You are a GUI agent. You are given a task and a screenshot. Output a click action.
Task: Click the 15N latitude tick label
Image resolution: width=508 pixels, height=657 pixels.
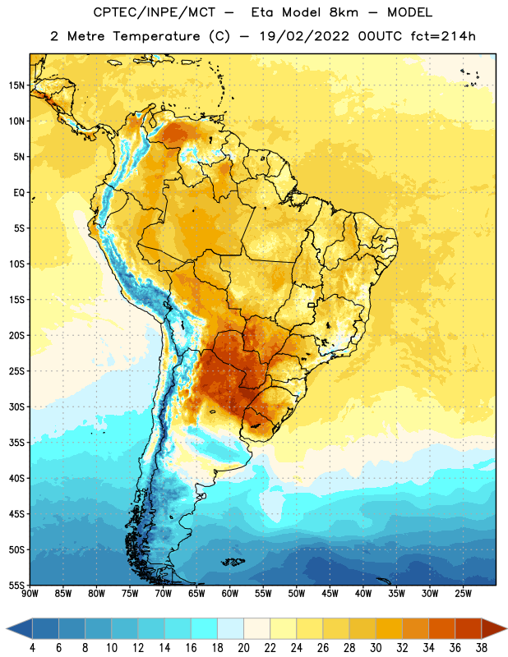click(x=16, y=85)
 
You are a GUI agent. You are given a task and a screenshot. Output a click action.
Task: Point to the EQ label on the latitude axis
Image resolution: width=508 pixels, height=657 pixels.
click(x=19, y=193)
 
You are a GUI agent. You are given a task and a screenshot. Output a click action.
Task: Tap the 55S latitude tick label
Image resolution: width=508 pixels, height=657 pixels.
click(x=16, y=585)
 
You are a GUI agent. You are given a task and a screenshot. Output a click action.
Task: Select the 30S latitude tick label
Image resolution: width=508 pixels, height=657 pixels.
click(x=16, y=407)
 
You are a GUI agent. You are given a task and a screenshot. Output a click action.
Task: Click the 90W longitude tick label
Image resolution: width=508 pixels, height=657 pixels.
click(x=30, y=594)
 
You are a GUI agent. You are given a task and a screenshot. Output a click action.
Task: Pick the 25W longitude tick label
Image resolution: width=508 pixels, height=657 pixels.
click(x=463, y=594)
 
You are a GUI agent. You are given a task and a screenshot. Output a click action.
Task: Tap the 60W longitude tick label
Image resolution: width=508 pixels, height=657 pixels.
click(x=230, y=594)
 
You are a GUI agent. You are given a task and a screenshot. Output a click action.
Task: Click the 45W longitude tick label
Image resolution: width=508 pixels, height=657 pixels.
click(x=330, y=594)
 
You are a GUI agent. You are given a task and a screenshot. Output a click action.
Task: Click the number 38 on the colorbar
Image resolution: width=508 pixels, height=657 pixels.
click(x=481, y=648)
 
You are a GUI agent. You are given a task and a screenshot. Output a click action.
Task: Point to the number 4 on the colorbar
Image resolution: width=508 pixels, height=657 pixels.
click(x=32, y=648)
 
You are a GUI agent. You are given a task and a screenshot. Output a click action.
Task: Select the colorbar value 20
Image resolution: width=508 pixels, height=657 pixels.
click(x=243, y=648)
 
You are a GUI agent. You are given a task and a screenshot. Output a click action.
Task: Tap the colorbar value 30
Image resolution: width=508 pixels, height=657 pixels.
click(x=376, y=648)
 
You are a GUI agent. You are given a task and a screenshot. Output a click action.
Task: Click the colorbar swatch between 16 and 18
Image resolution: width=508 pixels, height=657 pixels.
click(x=204, y=629)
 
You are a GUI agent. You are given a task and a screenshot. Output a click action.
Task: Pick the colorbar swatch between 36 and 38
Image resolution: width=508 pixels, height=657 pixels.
click(x=469, y=629)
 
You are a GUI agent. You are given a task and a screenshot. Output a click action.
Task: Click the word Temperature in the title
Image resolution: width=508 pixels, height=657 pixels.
click(x=156, y=36)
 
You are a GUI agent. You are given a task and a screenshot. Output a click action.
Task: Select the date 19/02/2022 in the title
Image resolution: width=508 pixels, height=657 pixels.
click(x=304, y=36)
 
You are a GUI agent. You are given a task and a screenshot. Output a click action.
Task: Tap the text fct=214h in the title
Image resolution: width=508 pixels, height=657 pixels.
click(x=443, y=36)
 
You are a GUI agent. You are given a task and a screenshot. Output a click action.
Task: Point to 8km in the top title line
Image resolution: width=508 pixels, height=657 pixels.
click(x=344, y=12)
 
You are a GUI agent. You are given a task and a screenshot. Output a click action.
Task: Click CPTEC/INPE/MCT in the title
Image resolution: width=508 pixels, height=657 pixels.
click(x=155, y=12)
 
